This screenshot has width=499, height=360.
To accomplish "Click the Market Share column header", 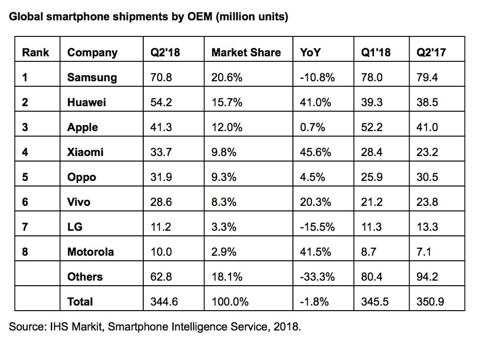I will click(x=246, y=52).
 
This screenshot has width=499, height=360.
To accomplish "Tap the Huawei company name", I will click(x=86, y=102).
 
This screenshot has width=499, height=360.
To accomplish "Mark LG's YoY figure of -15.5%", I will click(x=317, y=227).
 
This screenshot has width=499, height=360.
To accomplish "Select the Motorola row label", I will click(x=90, y=252).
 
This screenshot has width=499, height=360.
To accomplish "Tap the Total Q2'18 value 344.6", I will click(x=165, y=302).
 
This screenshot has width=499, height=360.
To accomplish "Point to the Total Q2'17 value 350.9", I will click(x=430, y=302).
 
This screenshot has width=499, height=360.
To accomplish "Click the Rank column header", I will click(x=35, y=52).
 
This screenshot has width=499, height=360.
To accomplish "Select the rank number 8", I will click(x=25, y=252).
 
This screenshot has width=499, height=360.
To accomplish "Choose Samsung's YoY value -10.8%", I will click(x=317, y=77).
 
